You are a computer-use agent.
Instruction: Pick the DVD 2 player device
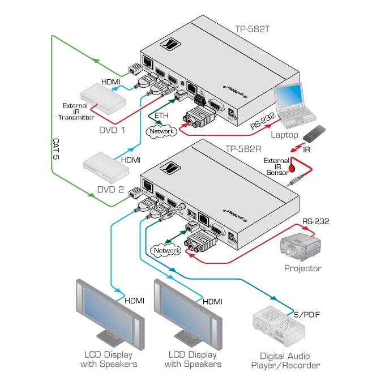click(x=104, y=166)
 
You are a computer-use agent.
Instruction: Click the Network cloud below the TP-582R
click(x=166, y=250)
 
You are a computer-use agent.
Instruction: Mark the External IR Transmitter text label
click(x=76, y=112)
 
